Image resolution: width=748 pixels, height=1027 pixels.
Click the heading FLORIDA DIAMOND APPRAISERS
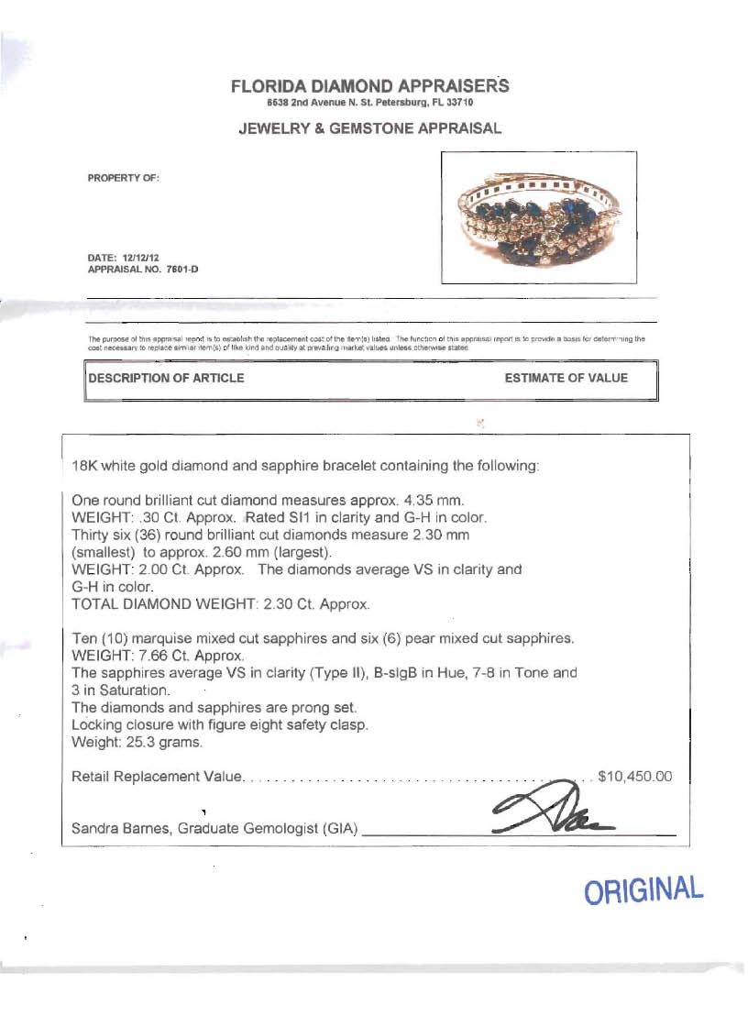click(x=368, y=87)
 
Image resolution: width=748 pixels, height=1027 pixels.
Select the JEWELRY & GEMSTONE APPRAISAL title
click(x=369, y=128)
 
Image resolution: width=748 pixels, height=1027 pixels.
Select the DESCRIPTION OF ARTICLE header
click(x=166, y=378)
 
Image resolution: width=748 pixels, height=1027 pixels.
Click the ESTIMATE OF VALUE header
click(x=566, y=378)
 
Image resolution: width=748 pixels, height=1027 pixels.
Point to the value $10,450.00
click(x=634, y=777)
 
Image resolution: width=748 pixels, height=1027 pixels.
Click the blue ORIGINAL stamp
click(x=644, y=890)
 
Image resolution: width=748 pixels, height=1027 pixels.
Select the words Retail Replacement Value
click(x=157, y=777)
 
